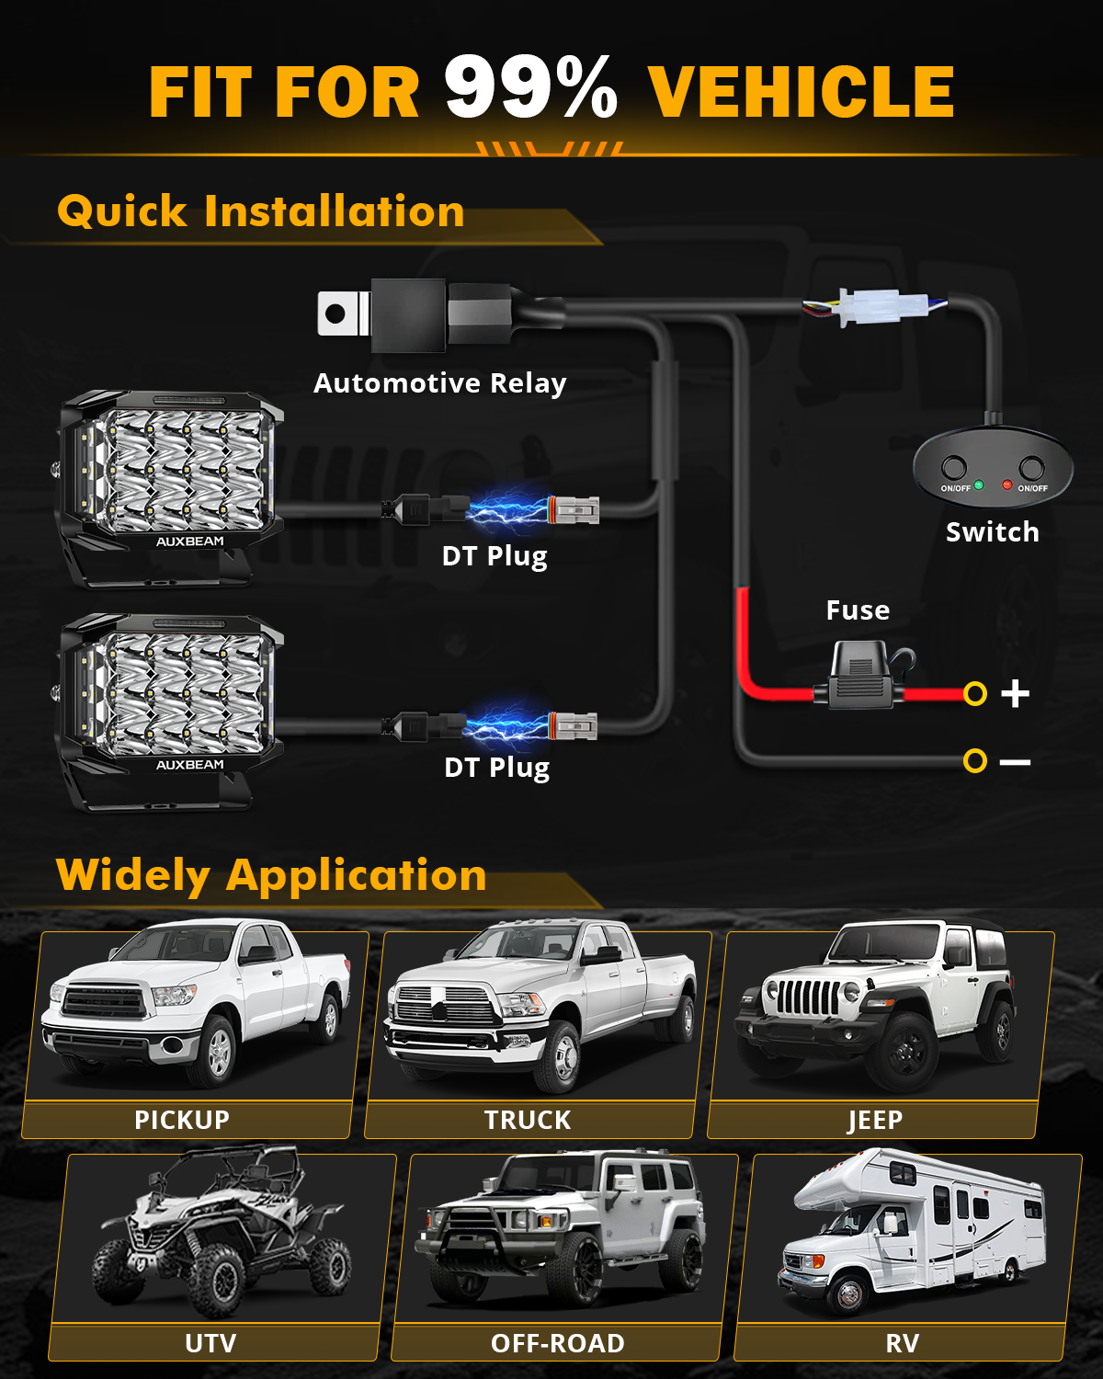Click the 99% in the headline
point(530,88)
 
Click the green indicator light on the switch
point(979,484)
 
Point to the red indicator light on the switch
point(1007,484)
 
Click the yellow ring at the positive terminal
point(975,693)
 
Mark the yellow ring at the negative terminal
point(975,761)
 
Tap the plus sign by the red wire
point(1015,693)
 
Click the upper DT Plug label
point(495,556)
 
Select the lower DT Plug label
point(496,768)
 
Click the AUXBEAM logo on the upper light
point(190,541)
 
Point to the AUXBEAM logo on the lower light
point(190,765)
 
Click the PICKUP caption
point(182,1120)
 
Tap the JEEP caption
point(875,1120)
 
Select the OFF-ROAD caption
point(558,1343)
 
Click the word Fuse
point(858,610)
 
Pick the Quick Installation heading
point(261,211)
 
